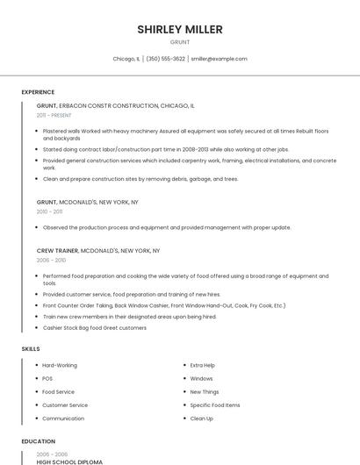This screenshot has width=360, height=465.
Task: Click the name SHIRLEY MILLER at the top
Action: click(180, 30)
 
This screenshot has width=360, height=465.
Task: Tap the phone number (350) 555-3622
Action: click(165, 59)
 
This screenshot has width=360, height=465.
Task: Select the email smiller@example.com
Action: click(219, 59)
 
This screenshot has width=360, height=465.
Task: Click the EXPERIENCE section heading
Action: click(38, 92)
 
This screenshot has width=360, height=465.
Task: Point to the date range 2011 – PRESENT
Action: click(54, 115)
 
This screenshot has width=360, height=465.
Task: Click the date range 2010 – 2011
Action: click(49, 211)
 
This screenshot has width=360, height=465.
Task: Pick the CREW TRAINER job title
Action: click(57, 251)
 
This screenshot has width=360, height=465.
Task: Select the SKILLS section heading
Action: click(31, 348)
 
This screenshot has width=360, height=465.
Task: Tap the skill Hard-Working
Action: click(60, 365)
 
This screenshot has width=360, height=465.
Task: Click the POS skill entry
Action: click(47, 378)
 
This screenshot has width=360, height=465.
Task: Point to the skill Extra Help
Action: click(203, 365)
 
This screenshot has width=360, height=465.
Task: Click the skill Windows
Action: click(201, 378)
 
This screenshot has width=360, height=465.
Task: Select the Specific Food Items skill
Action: click(215, 405)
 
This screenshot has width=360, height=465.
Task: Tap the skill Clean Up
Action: click(201, 418)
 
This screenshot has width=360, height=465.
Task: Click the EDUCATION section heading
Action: click(38, 441)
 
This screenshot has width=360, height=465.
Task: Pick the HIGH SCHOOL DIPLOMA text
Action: click(69, 461)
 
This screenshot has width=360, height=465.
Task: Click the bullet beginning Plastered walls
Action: click(185, 134)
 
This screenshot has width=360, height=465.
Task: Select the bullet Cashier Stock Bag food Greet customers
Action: click(95, 327)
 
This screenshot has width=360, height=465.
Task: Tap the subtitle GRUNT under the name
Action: click(180, 42)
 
